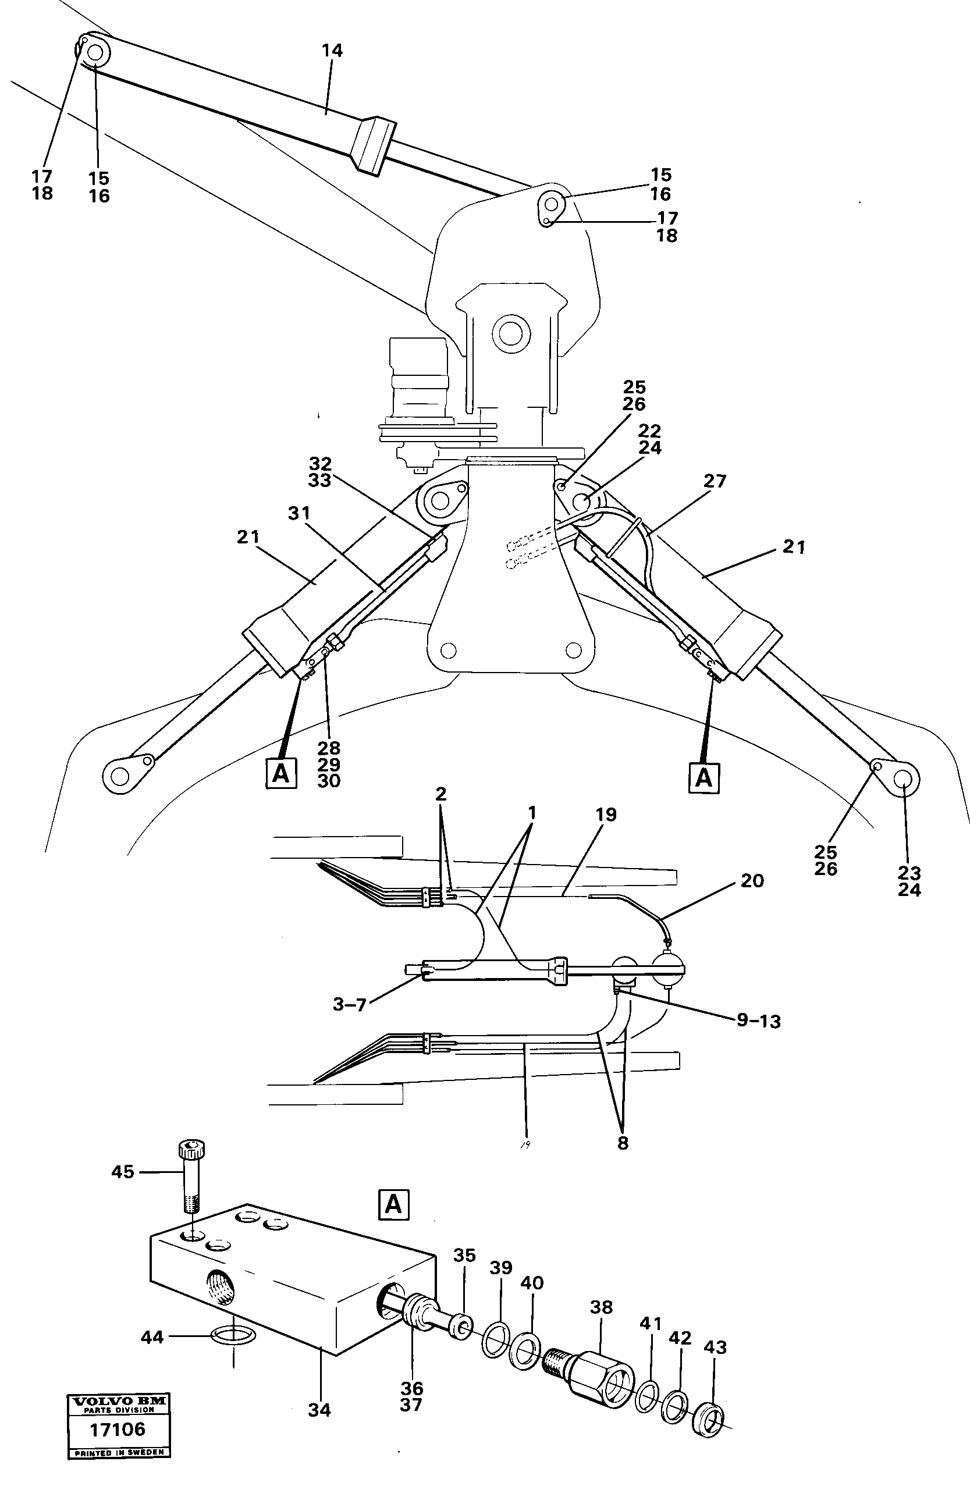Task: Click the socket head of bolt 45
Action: [x=191, y=1150]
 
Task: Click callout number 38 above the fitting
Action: [x=601, y=1307]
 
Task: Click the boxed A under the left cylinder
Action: [x=281, y=773]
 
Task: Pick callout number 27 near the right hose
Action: [x=715, y=481]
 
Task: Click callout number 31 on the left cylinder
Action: [x=299, y=514]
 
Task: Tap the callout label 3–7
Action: [x=350, y=1005]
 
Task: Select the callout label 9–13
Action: [x=758, y=1021]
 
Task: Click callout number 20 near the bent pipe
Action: [x=752, y=880]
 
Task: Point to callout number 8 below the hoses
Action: [x=622, y=1143]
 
